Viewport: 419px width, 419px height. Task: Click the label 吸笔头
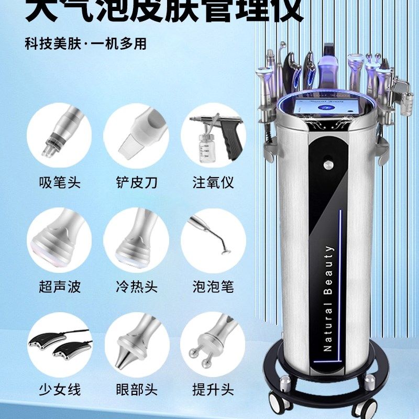pos(60,183)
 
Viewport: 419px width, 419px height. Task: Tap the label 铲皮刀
pos(137,183)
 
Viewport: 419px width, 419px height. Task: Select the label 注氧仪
pos(213,183)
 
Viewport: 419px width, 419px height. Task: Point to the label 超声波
pos(60,286)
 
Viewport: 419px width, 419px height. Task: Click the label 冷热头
pos(137,286)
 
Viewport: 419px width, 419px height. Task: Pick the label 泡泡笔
pos(213,286)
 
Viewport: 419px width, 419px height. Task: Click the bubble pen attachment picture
pos(212,236)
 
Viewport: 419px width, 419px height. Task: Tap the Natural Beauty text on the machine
pos(329,299)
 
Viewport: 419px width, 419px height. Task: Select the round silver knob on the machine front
pos(328,166)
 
